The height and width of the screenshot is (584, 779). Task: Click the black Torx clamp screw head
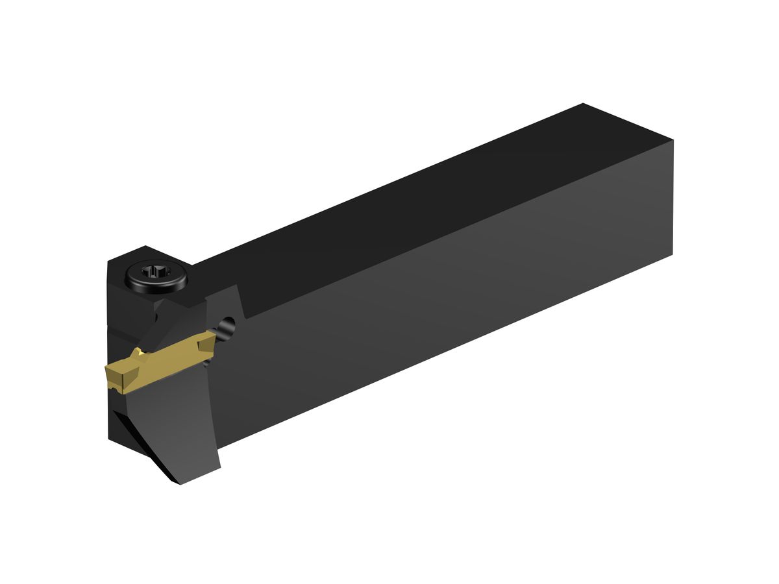[155, 275]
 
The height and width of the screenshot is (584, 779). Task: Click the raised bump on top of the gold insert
[138, 354]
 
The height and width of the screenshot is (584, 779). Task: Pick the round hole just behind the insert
[227, 326]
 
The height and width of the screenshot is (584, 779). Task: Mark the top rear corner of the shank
[583, 104]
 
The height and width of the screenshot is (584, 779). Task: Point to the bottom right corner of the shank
[673, 254]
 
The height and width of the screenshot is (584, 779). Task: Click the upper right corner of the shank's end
[673, 141]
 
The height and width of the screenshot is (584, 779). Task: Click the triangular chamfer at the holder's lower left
[140, 448]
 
